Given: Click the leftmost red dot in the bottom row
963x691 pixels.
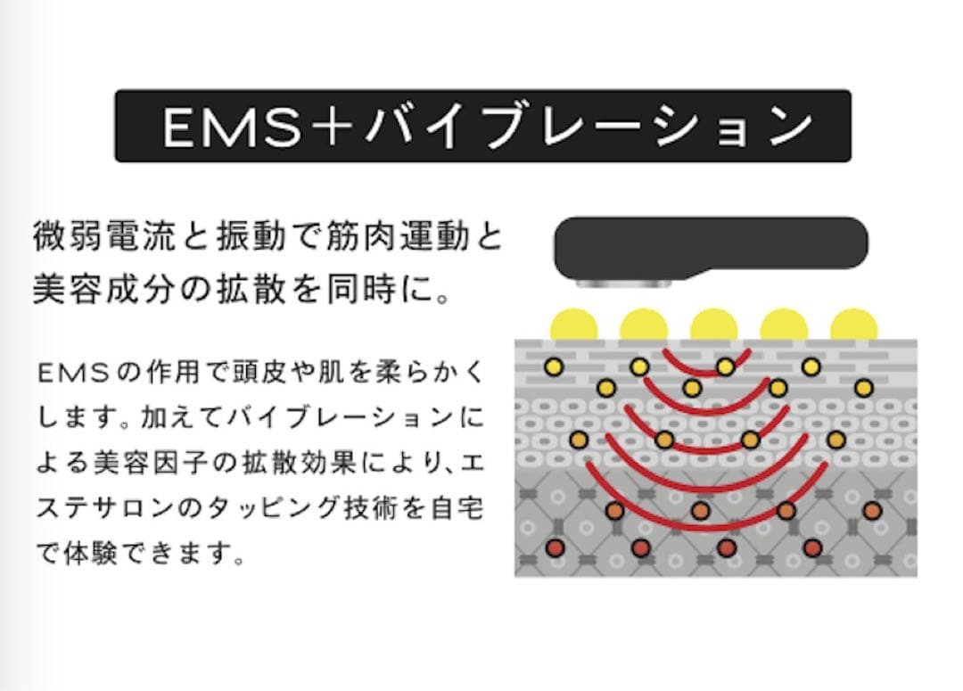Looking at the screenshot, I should tap(554, 547).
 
